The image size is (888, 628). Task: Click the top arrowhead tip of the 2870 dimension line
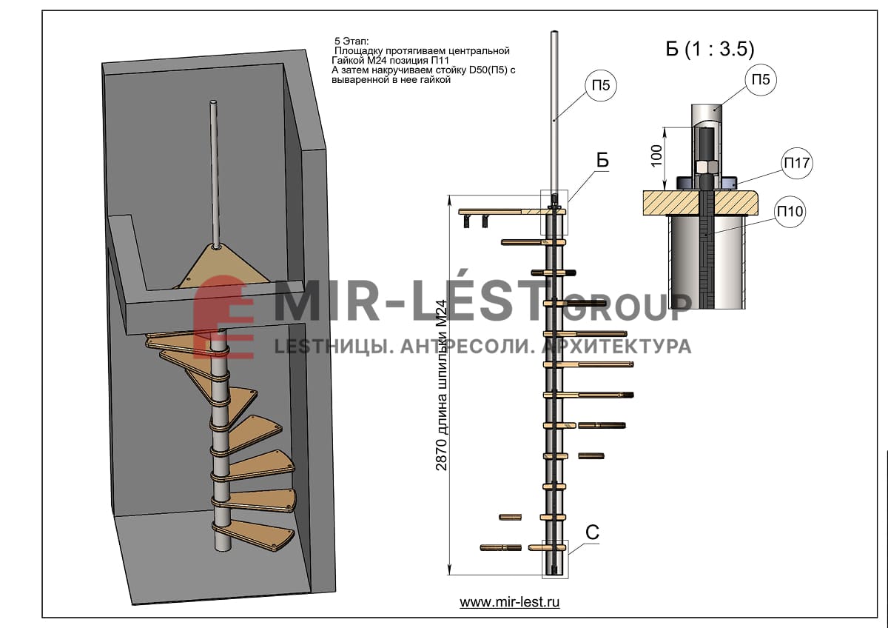[x=450, y=196]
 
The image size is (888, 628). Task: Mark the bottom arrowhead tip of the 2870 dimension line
[x=450, y=574]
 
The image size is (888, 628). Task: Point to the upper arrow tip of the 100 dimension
[x=665, y=127]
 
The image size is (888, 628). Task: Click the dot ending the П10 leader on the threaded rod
[x=706, y=235]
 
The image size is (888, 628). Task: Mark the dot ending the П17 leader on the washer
[x=735, y=184]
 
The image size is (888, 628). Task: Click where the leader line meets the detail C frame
[x=568, y=554]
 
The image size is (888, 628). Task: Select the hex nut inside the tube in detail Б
[x=704, y=167]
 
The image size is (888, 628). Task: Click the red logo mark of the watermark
[x=223, y=318]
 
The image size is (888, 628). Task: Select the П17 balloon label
[x=797, y=163]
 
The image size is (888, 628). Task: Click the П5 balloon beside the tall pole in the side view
[x=601, y=85]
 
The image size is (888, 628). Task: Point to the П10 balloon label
[x=790, y=212]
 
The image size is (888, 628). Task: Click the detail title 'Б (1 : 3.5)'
[x=710, y=49]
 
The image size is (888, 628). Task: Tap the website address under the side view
[x=510, y=602]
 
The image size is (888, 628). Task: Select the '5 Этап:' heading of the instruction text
[x=351, y=41]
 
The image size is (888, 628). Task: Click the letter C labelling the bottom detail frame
[x=592, y=532]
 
